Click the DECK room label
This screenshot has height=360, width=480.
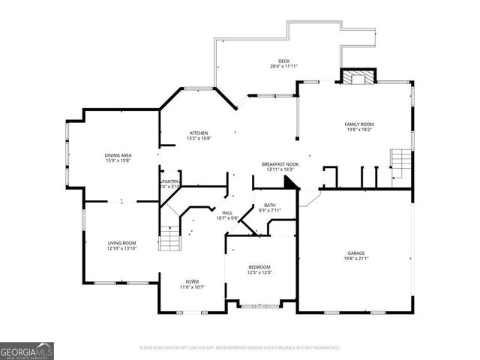coord(284,61)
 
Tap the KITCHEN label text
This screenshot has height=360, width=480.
coord(198,133)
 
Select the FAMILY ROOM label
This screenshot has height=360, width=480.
coord(358,124)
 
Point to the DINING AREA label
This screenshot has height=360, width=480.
coord(118,154)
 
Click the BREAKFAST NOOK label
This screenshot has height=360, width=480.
coord(280,163)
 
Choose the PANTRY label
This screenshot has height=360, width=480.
coord(169,181)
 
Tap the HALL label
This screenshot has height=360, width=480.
coord(226,212)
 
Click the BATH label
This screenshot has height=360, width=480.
coord(269,205)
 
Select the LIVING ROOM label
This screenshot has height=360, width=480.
coord(121,242)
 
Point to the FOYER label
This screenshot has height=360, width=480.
coord(192,281)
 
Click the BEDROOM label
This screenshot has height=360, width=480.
coord(259,267)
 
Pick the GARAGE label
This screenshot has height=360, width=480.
coord(355,253)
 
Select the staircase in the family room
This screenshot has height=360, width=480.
coord(401,160)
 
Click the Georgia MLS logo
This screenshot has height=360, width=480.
coord(26,350)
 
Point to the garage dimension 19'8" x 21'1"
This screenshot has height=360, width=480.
coord(355,259)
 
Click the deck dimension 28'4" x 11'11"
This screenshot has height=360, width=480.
coord(284,67)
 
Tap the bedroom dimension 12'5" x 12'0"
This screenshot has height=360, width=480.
coord(259,273)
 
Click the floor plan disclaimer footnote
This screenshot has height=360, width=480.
coord(240,347)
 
